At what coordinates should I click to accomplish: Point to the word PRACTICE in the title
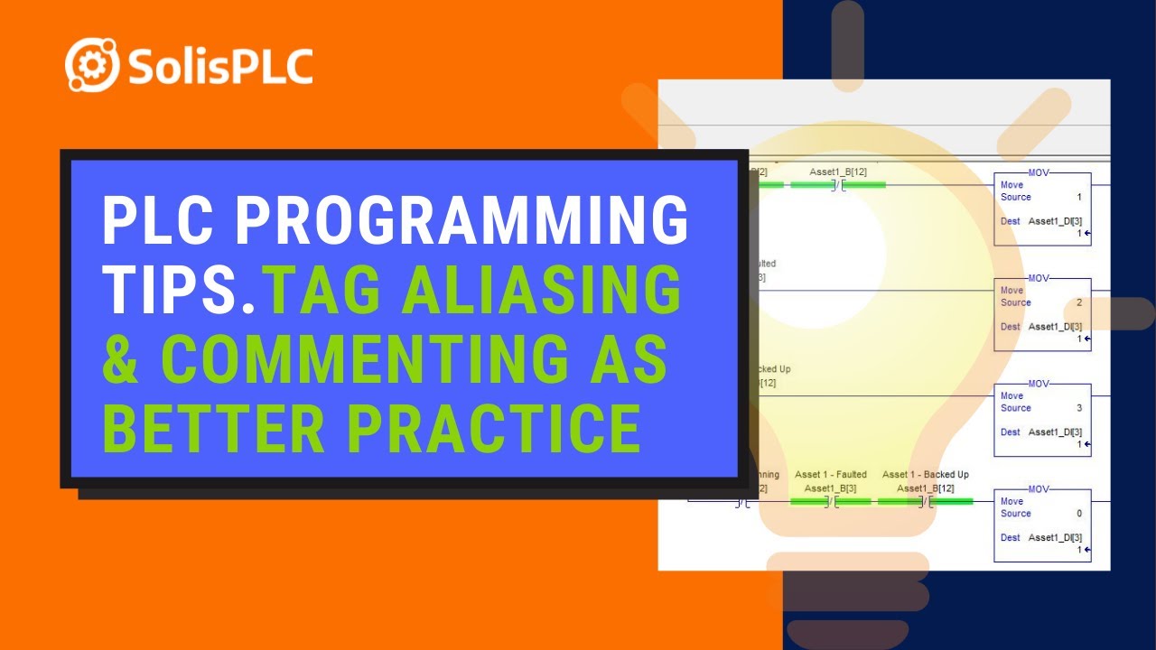tap(495, 428)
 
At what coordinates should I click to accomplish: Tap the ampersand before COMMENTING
tap(126, 359)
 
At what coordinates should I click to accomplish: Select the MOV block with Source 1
tap(1042, 209)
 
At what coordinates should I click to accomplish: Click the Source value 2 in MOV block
tap(1078, 302)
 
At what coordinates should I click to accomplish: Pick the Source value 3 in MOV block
tap(1078, 408)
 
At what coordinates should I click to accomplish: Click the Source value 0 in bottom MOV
tap(1078, 514)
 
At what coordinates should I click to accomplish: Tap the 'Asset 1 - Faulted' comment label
tap(830, 475)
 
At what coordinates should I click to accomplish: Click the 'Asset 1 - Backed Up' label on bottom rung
tap(925, 475)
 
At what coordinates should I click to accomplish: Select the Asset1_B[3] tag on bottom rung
tap(830, 488)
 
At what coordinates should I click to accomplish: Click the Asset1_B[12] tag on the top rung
tap(838, 172)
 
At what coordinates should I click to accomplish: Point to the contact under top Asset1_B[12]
tap(838, 185)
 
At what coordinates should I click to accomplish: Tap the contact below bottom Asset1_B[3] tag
tap(830, 501)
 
